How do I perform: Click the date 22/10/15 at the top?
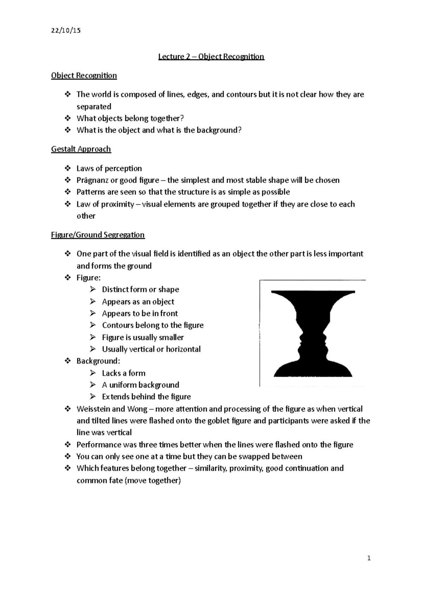(66, 31)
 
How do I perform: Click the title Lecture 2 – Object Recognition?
(211, 57)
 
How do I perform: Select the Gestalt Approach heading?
(81, 149)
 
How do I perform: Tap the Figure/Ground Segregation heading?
(98, 235)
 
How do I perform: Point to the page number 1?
(369, 558)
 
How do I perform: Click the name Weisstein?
(94, 409)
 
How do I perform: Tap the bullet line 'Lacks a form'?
(123, 373)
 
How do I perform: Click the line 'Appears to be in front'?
(140, 313)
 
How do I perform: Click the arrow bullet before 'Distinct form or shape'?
(93, 289)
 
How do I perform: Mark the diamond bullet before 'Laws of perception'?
(68, 168)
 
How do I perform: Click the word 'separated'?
(94, 107)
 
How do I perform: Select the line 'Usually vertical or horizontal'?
(151, 349)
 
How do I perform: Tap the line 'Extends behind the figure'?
(146, 397)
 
